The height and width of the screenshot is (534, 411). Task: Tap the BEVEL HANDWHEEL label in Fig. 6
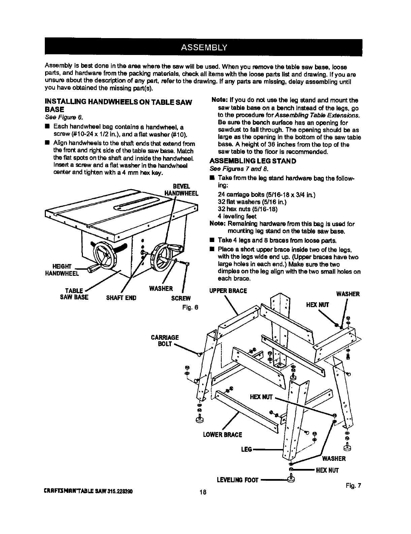(x=180, y=190)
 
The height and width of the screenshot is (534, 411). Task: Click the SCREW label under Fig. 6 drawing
(x=181, y=298)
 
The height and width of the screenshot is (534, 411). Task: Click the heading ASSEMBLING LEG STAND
(x=253, y=161)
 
